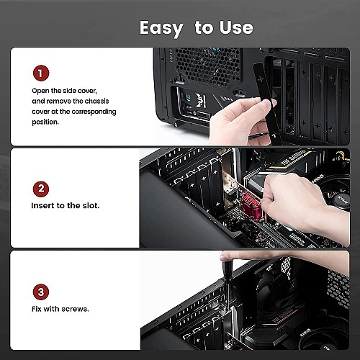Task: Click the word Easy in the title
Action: click(161, 29)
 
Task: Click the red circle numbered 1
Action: click(41, 73)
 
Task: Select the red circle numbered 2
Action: click(41, 189)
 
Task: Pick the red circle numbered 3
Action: click(41, 292)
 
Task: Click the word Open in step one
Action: click(41, 91)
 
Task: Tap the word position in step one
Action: click(45, 122)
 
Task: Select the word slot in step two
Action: click(91, 205)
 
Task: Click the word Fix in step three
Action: click(37, 309)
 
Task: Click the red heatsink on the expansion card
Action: click(251, 207)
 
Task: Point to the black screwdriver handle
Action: click(228, 269)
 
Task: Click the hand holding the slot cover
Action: click(240, 121)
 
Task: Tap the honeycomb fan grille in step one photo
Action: click(207, 66)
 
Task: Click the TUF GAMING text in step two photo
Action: click(293, 158)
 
